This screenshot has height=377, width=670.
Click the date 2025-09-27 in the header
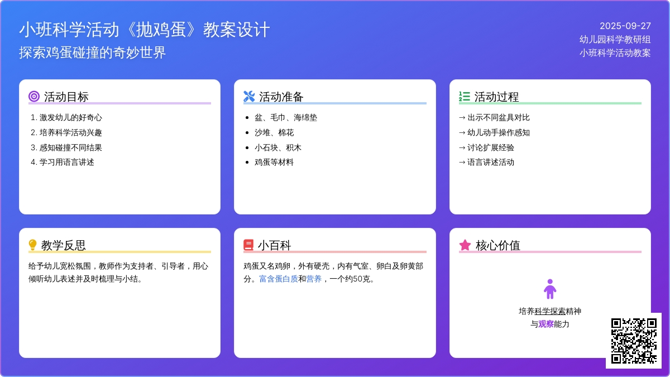click(x=625, y=26)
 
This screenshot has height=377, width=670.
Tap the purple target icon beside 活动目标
click(x=34, y=96)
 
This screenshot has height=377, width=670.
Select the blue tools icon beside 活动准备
click(x=249, y=96)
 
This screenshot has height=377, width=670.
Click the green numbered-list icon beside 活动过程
click(x=465, y=96)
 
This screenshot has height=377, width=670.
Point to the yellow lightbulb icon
click(x=32, y=245)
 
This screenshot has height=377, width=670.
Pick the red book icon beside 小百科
click(x=248, y=245)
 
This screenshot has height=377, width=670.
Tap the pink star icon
click(x=465, y=245)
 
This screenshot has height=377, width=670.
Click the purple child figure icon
click(x=550, y=289)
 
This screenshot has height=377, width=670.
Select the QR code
click(x=634, y=341)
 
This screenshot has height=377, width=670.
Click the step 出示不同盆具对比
click(x=494, y=118)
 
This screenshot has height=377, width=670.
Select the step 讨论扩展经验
click(x=486, y=147)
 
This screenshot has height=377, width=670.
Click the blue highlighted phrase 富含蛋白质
click(x=279, y=279)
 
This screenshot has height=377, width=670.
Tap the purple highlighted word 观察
click(x=546, y=324)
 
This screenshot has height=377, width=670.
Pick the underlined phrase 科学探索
click(x=550, y=311)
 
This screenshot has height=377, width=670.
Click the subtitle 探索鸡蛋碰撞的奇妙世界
click(x=93, y=53)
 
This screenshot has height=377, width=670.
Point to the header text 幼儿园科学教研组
click(x=615, y=40)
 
